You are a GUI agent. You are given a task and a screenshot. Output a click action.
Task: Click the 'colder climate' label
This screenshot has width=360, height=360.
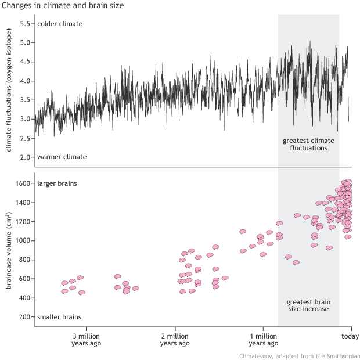pyautogui.click(x=60, y=24)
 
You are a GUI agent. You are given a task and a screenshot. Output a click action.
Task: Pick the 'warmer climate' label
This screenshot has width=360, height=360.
pyautogui.click(x=62, y=157)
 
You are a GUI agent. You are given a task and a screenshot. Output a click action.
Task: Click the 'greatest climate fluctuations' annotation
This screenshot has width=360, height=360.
pyautogui.click(x=308, y=145)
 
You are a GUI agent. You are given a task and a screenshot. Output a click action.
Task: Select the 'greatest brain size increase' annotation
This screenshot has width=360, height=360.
pyautogui.click(x=308, y=305)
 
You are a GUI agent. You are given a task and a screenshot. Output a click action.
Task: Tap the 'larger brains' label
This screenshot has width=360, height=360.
pyautogui.click(x=57, y=184)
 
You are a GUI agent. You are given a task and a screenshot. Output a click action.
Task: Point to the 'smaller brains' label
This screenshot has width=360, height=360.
pyautogui.click(x=59, y=317)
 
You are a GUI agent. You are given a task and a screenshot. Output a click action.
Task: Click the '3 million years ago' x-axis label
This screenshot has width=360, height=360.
pyautogui.click(x=87, y=340)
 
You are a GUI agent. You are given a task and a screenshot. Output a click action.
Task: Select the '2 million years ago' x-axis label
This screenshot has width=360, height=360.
pyautogui.click(x=174, y=340)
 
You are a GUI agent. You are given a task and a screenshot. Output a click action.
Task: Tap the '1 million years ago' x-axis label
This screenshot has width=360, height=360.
pyautogui.click(x=262, y=340)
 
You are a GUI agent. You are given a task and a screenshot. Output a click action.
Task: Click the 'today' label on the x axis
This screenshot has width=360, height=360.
pyautogui.click(x=350, y=336)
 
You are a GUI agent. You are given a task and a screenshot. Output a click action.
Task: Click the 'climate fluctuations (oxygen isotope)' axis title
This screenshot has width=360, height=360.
pyautogui.click(x=10, y=91)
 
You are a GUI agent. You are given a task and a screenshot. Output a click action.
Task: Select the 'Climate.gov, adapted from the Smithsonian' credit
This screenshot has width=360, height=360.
pyautogui.click(x=300, y=355)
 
